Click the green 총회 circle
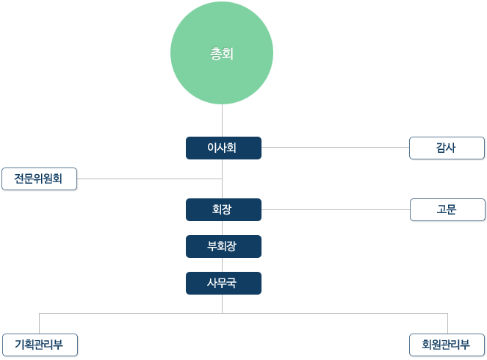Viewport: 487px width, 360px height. tap(222, 53)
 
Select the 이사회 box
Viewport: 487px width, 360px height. tap(223, 148)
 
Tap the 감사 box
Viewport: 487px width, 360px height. tap(447, 148)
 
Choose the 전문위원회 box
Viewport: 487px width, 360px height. tap(39, 179)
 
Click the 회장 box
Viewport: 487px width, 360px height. tap(223, 209)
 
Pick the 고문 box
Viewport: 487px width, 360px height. tap(447, 209)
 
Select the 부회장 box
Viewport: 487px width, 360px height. tap(223, 246)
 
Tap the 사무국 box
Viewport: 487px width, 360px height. tap(223, 283)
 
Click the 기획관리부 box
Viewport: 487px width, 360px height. tap(40, 345)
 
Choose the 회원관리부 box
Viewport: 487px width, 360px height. tap(447, 345)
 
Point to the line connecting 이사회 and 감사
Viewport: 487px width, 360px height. tap(336, 147)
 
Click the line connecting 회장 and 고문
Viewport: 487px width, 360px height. tap(336, 209)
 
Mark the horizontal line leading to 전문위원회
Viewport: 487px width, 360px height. tap(149, 179)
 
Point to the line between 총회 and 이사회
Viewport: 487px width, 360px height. tap(222, 120)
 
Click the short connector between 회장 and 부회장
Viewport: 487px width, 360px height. tap(222, 228)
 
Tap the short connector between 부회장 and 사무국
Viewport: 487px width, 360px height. tap(222, 264)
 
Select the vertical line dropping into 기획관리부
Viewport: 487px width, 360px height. tap(39, 323)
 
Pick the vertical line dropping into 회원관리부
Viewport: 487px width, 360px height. tap(447, 323)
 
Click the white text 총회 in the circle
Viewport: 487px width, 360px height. tap(222, 54)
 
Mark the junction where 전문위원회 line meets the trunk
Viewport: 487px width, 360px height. tap(222, 179)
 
